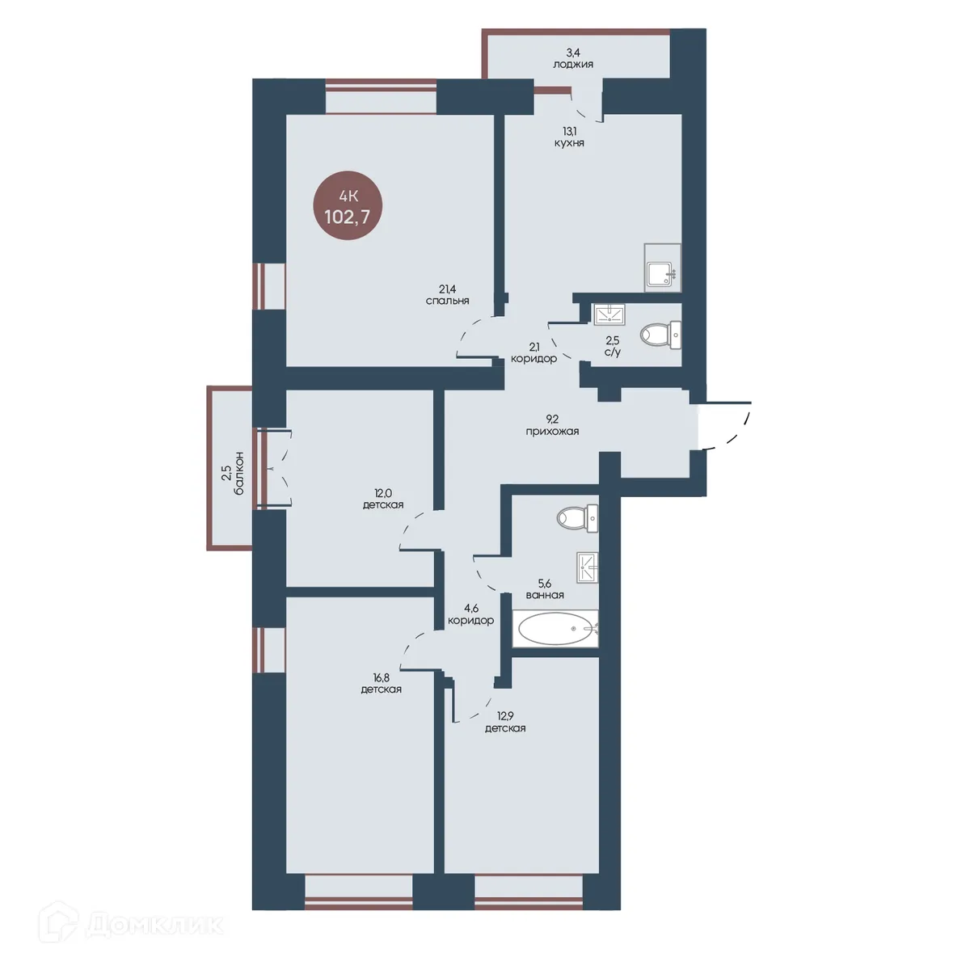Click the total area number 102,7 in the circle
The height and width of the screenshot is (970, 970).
coord(348,217)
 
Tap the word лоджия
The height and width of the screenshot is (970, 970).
coord(573,65)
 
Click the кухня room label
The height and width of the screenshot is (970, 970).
coord(569,143)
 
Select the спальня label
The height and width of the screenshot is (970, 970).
coord(447,301)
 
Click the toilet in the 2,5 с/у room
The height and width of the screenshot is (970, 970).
coord(661,335)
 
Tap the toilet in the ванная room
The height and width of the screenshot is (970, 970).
coord(577,518)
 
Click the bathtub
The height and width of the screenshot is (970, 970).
coord(555,628)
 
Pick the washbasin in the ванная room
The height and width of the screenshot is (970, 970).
coord(588,567)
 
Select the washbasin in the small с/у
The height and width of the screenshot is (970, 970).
coord(609,314)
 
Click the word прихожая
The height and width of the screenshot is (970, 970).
coord(552,432)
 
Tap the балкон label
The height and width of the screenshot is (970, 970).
coord(239,473)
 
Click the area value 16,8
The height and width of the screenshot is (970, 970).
coord(381,678)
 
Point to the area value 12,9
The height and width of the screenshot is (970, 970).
coord(505,717)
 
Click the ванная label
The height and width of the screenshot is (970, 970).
coord(545,595)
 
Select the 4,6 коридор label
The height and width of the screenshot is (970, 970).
coord(471,615)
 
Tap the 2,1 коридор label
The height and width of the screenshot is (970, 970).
coord(533,353)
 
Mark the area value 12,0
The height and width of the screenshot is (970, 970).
coord(383,493)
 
